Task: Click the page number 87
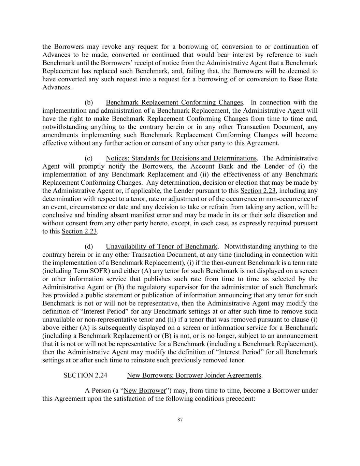pos(180,420)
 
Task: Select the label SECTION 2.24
pos(85,376)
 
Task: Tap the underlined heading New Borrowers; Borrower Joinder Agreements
pos(194,376)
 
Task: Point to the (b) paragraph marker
pos(89,102)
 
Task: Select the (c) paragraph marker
pos(89,158)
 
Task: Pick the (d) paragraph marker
pos(89,246)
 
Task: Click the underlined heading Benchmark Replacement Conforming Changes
pos(174,102)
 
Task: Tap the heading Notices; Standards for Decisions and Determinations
pos(181,158)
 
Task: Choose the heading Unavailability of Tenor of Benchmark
pos(161,246)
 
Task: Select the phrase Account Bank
pos(209,167)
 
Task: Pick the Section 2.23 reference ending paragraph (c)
pos(79,231)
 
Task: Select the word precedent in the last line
pos(240,399)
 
